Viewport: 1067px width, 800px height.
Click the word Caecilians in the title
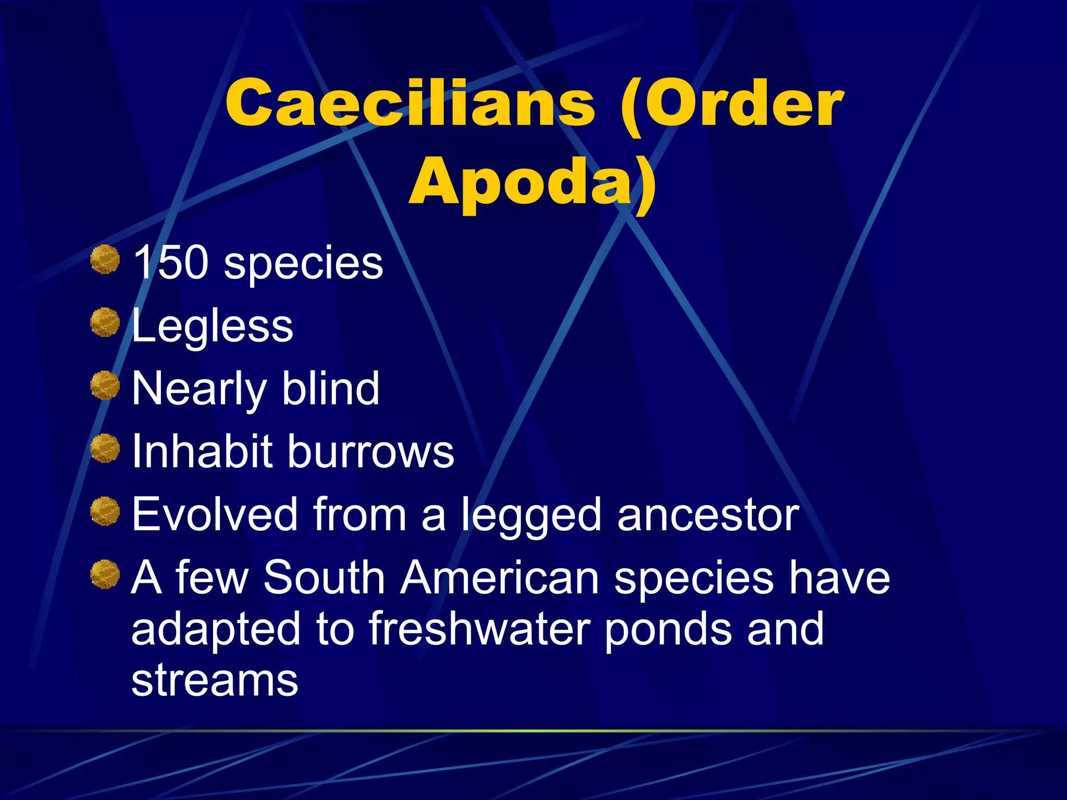click(410, 103)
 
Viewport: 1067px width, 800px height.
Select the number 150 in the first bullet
click(170, 262)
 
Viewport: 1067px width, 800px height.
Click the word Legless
click(213, 326)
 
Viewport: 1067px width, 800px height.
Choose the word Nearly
click(199, 390)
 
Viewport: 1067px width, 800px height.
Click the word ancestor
click(708, 515)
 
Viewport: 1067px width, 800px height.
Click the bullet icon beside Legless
click(105, 322)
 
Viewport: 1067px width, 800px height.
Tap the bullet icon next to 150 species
click(105, 259)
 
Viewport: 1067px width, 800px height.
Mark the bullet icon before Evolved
click(105, 511)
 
